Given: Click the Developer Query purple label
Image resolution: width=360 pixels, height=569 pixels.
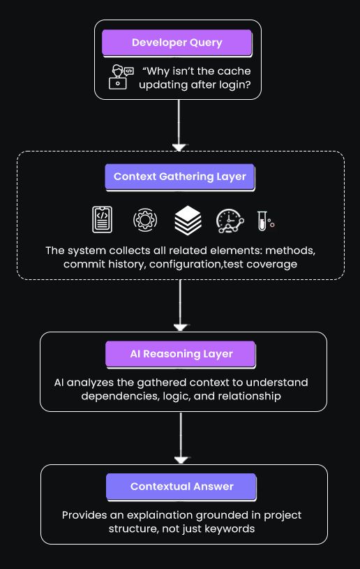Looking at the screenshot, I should coord(177,43).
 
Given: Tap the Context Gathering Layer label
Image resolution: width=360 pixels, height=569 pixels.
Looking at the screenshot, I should coord(179,177).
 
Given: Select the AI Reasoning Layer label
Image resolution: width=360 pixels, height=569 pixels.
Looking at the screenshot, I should coord(181,354).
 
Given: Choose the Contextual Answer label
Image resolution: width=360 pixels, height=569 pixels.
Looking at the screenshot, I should coord(181,487).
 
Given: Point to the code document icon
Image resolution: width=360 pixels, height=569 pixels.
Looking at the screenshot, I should coord(103,220).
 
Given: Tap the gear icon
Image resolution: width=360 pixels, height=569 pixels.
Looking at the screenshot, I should coord(145,220).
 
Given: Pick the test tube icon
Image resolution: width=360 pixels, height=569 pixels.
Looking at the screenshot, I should coord(264,221).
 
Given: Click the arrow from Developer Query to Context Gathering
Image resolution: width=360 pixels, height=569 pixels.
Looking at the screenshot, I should coord(179,126).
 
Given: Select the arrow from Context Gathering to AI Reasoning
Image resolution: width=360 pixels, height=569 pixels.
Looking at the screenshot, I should coord(181,305).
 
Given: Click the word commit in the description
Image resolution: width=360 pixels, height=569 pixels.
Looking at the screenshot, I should coord(82,265).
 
